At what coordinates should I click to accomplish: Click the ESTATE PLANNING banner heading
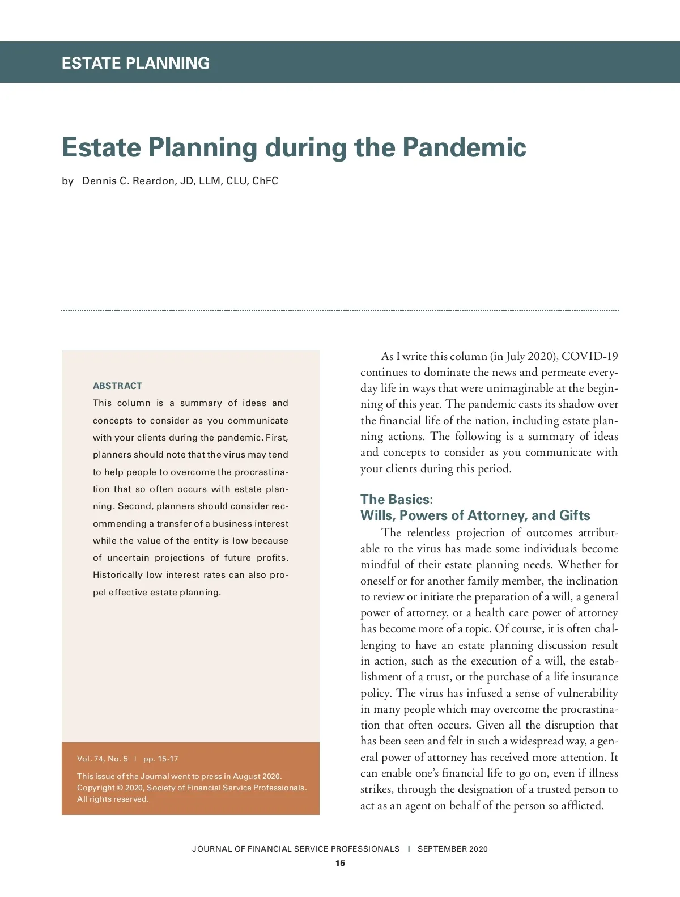pyautogui.click(x=135, y=63)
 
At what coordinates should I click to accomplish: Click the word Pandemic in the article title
pyautogui.click(x=464, y=147)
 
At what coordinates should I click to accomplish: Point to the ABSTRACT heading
pyautogui.click(x=117, y=386)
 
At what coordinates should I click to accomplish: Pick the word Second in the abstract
pyautogui.click(x=133, y=506)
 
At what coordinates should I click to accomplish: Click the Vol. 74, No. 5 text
pyautogui.click(x=103, y=759)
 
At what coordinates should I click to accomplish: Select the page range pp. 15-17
pyautogui.click(x=160, y=759)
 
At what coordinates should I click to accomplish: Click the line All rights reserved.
pyautogui.click(x=113, y=799)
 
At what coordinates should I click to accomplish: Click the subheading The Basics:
pyautogui.click(x=397, y=500)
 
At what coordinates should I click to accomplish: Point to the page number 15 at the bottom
pyautogui.click(x=340, y=864)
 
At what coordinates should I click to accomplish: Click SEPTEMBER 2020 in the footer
pyautogui.click(x=452, y=849)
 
